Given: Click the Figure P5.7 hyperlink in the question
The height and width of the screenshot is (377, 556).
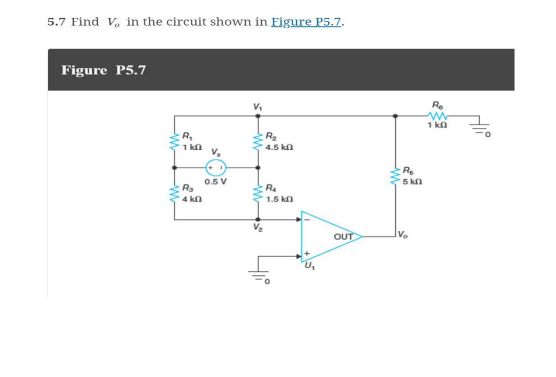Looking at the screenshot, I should coord(307,22).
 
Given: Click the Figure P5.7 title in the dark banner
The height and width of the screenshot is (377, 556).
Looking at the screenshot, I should coord(104,70).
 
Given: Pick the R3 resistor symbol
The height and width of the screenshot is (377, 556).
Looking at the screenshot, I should coord(174,194).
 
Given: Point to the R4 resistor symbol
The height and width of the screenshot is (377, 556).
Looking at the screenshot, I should coord(257,193).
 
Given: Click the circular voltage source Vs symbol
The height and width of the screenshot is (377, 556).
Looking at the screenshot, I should coord(216,167).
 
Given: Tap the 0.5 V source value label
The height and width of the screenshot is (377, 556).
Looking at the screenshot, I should coord(215,182).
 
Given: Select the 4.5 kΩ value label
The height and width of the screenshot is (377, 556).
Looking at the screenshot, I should coord(279,147).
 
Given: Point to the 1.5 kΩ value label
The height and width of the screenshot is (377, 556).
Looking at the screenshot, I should coord(279,199).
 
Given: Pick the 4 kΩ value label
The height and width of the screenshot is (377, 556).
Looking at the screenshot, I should coord(192,199).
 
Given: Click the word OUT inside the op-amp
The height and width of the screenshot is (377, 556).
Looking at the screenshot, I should coord(343,236).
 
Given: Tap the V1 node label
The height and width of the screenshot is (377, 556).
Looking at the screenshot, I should coord(257,107).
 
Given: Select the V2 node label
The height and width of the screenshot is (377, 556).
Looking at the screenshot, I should coord(257,228).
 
